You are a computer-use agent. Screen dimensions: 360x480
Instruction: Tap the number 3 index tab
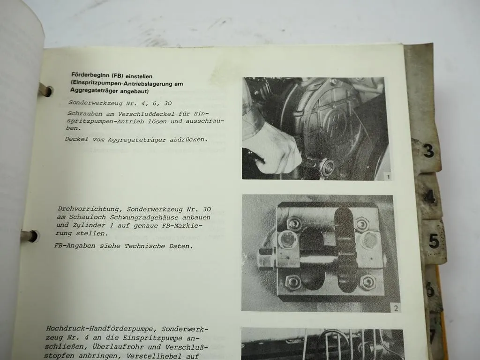(x=428, y=151)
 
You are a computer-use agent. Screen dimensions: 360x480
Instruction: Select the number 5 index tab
(x=434, y=240)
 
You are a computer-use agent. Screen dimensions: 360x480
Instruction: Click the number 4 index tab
(x=430, y=197)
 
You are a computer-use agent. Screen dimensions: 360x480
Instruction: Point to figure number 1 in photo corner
(x=387, y=176)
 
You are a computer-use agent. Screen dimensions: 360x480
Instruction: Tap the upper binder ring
(x=45, y=89)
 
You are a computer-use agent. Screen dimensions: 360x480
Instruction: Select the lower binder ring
(x=32, y=235)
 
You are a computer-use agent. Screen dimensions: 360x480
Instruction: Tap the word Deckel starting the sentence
(x=76, y=139)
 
